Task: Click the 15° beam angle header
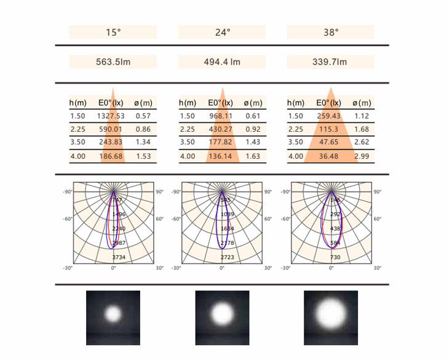pos(113,32)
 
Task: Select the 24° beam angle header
pos(222,32)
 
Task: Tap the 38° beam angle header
pos(331,32)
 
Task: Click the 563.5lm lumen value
pos(113,62)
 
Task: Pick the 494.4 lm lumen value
pos(222,62)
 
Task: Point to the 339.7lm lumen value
pos(331,62)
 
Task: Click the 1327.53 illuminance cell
pos(111,116)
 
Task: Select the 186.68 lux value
pos(111,156)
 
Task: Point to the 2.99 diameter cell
pos(361,156)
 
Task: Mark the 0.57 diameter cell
pos(143,116)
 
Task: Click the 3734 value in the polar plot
pos(119,257)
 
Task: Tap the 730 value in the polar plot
pos(335,257)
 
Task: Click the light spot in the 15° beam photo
pos(113,314)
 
